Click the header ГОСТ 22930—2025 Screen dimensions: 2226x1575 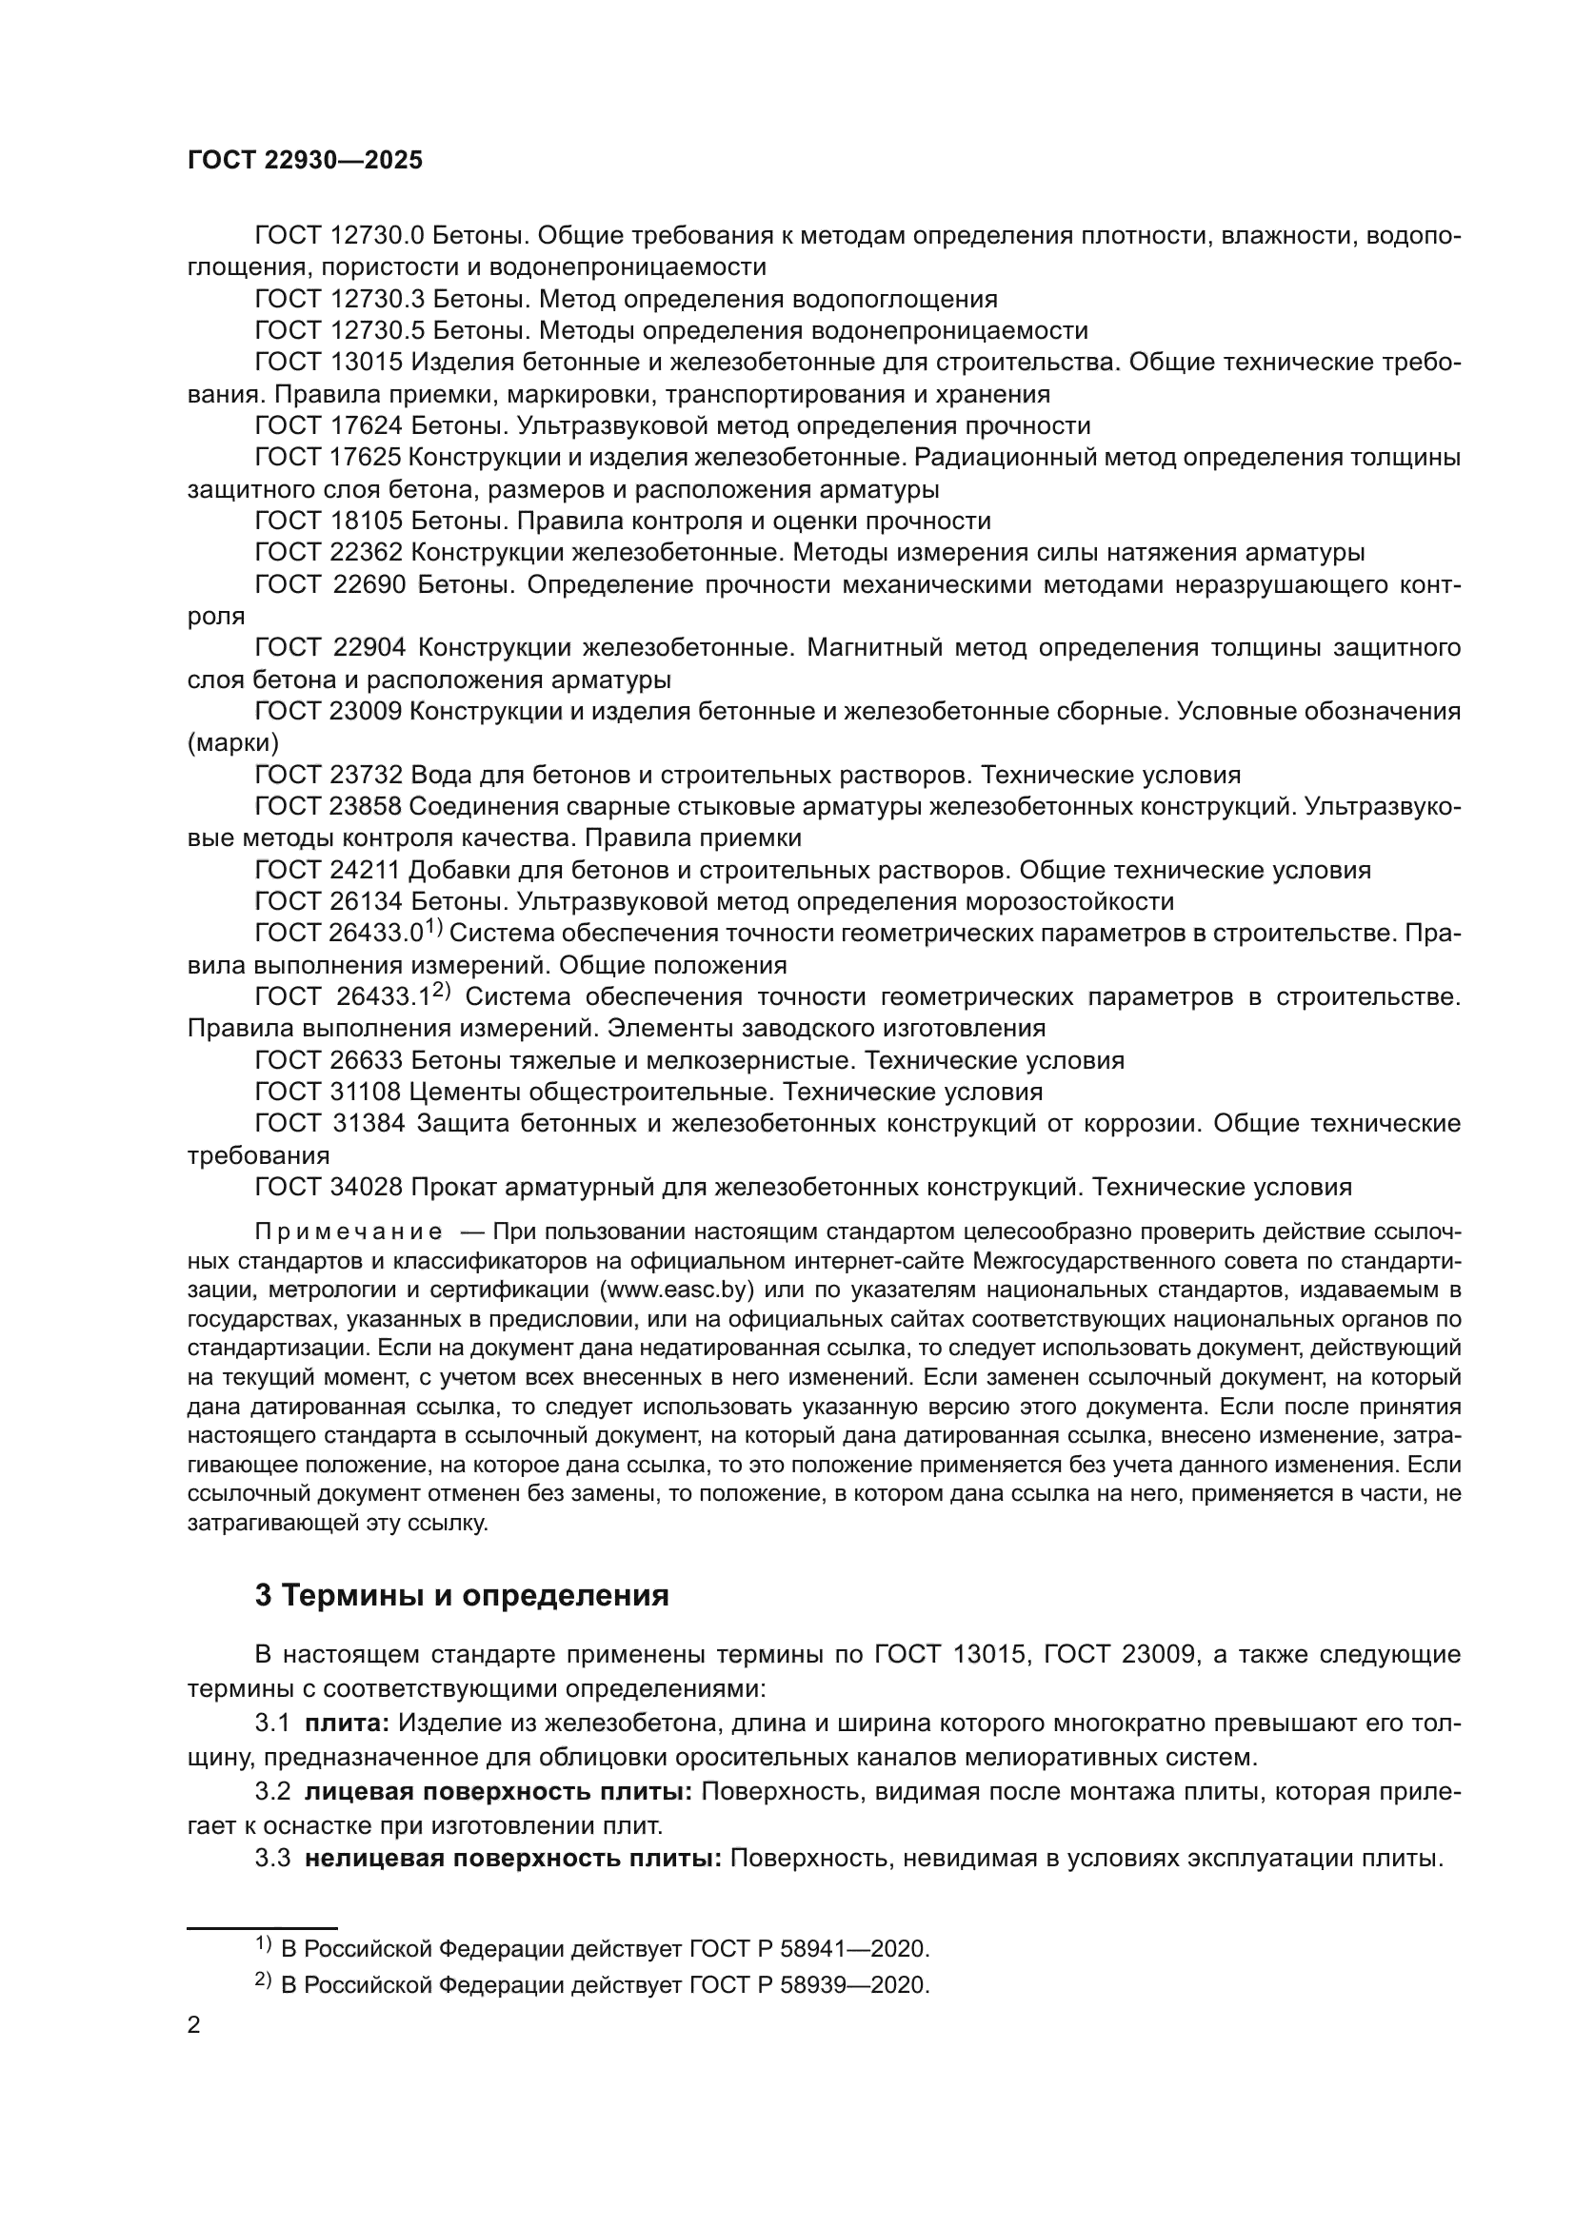click(x=305, y=161)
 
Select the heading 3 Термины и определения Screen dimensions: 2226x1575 click(x=462, y=1595)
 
